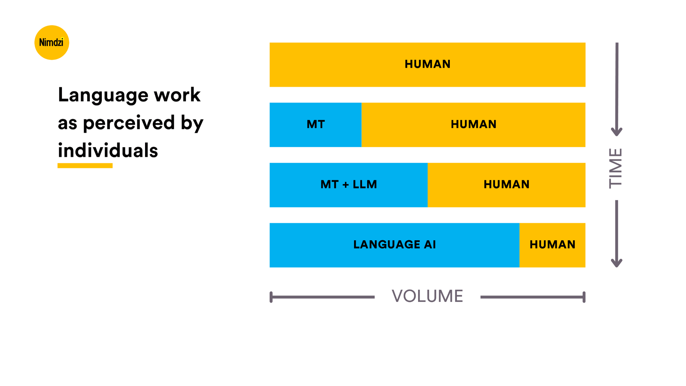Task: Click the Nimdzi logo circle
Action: pos(52,43)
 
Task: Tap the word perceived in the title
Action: pos(129,123)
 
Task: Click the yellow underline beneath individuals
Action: pos(85,166)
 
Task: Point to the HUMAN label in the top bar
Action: pos(427,64)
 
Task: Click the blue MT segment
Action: pos(316,125)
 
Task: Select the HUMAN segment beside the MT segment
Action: pos(473,125)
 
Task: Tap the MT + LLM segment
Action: pos(349,185)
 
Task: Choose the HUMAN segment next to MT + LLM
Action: pos(506,185)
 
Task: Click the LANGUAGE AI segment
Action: pos(395,245)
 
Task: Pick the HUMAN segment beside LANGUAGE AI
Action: pos(552,245)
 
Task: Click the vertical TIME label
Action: pos(616,168)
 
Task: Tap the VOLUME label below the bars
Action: pos(427,296)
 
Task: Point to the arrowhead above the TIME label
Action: pos(617,132)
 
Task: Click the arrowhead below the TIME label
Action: pos(617,263)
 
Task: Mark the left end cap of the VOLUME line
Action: pos(271,297)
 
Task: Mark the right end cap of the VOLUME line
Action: pos(584,297)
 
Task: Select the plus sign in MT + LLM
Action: pos(346,185)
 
